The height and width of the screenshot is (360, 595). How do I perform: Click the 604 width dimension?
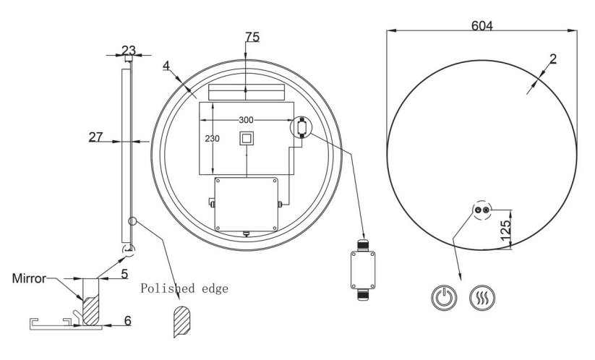[x=482, y=25]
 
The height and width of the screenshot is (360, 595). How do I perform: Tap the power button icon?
[x=442, y=298]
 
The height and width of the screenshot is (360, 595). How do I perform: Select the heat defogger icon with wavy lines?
[x=481, y=298]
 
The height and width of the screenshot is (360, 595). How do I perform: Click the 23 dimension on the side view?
[x=128, y=50]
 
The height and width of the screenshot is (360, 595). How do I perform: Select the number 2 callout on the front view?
[x=552, y=60]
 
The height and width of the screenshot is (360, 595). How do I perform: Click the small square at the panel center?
[x=247, y=138]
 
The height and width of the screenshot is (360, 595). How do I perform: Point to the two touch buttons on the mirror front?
[x=481, y=209]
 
